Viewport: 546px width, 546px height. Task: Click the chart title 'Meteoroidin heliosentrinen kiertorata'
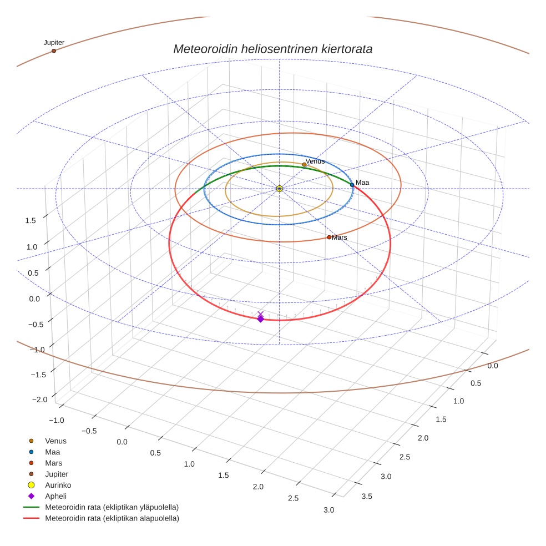(272, 49)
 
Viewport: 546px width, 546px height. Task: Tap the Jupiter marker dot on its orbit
(54, 51)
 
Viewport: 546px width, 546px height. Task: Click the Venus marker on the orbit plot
(304, 164)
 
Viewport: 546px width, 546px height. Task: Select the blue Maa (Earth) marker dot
(352, 185)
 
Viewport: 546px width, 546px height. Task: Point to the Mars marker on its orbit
(329, 237)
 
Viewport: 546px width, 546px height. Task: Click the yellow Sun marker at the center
(279, 189)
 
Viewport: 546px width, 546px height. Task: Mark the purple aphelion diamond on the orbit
(260, 318)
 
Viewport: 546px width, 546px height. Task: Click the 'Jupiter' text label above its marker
(54, 42)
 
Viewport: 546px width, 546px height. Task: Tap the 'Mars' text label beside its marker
(340, 237)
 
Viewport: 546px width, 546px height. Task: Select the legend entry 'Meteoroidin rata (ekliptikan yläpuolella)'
(112, 507)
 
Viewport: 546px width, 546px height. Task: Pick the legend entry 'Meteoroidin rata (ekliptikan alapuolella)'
(112, 518)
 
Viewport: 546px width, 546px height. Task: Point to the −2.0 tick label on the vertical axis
(39, 400)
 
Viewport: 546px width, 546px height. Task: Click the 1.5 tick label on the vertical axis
(31, 220)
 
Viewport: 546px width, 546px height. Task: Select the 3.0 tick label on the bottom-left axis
(328, 510)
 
